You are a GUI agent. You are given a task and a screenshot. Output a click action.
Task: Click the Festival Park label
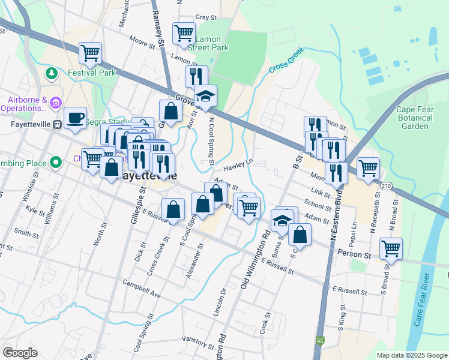(x=91, y=73)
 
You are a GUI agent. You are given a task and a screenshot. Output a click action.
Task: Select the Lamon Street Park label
(x=208, y=43)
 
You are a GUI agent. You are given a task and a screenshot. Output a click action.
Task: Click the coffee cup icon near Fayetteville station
(x=75, y=117)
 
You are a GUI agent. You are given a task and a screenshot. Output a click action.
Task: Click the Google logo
(x=20, y=353)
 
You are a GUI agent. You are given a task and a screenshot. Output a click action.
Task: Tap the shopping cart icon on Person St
(x=391, y=247)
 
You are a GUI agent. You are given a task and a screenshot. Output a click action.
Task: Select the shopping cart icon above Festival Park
(x=90, y=52)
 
